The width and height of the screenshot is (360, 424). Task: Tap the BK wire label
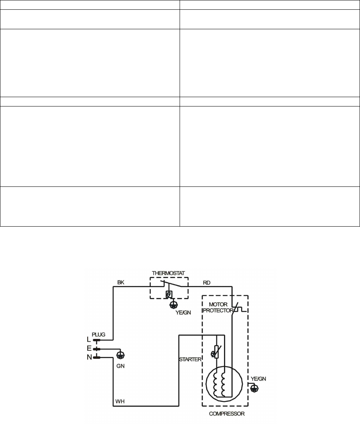pos(120,282)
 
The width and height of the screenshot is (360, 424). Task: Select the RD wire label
pos(207,282)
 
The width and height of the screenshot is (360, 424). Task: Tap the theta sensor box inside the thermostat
pos(169,293)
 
